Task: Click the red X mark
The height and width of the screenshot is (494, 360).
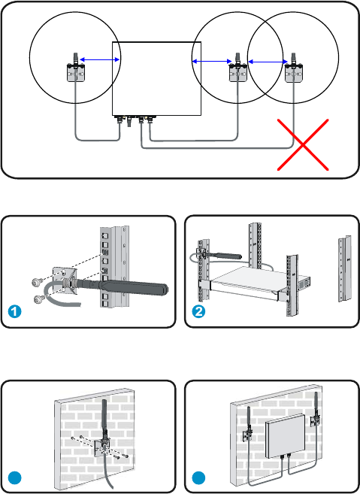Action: [303, 144]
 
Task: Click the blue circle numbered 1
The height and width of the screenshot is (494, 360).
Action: [14, 311]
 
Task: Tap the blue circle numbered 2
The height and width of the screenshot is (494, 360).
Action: [198, 311]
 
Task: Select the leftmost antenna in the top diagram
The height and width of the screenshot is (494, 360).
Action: [76, 68]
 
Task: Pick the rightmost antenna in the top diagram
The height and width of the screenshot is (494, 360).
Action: [294, 68]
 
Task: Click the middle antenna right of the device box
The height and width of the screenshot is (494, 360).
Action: [237, 68]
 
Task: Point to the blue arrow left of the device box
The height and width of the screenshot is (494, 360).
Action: [100, 59]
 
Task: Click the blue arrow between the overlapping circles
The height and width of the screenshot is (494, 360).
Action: [268, 62]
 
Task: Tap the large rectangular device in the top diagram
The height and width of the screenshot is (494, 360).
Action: [156, 78]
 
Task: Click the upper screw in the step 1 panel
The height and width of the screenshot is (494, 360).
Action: [37, 282]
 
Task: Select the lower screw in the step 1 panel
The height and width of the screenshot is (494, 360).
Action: [39, 298]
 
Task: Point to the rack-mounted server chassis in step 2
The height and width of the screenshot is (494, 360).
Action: [259, 283]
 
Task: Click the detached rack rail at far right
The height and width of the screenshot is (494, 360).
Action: [345, 268]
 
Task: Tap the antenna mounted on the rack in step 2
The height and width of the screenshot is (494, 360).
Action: [219, 255]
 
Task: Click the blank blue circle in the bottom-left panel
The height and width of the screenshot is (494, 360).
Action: [14, 478]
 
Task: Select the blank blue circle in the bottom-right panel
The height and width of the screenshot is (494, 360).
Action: [198, 478]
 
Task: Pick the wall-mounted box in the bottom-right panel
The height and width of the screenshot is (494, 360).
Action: [286, 436]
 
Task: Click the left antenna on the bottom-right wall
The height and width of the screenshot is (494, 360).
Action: [247, 424]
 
